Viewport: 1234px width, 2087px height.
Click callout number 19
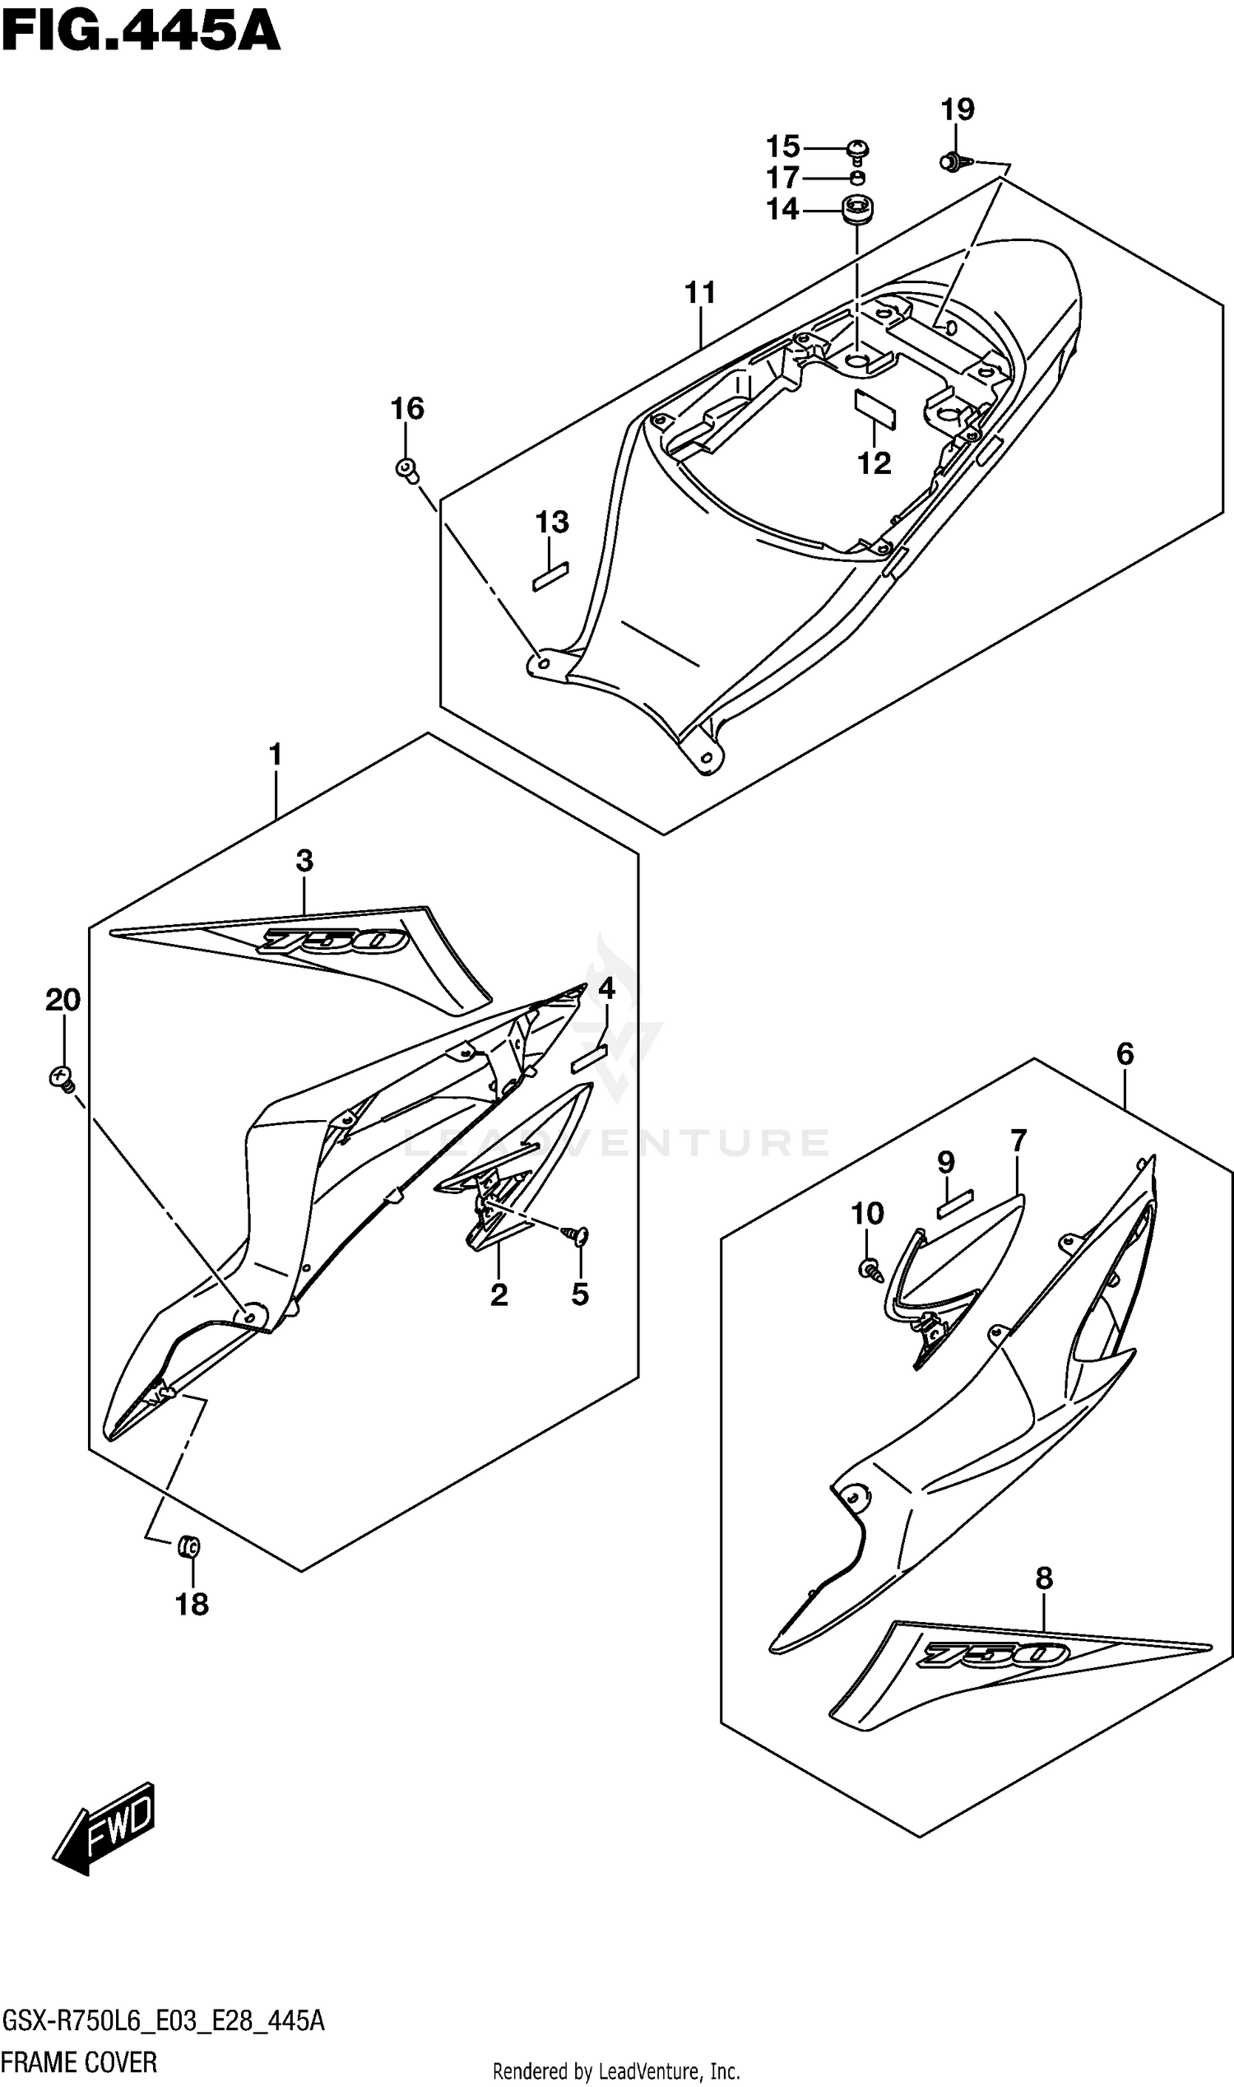tap(957, 109)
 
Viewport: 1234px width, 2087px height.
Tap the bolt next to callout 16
tap(406, 470)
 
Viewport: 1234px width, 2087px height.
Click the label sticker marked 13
tap(550, 575)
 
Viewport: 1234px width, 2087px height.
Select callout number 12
tap(874, 463)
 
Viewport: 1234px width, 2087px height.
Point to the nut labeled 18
tap(188, 1547)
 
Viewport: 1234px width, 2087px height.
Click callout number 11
tap(700, 293)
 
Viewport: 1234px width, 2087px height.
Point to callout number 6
tap(1125, 1055)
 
